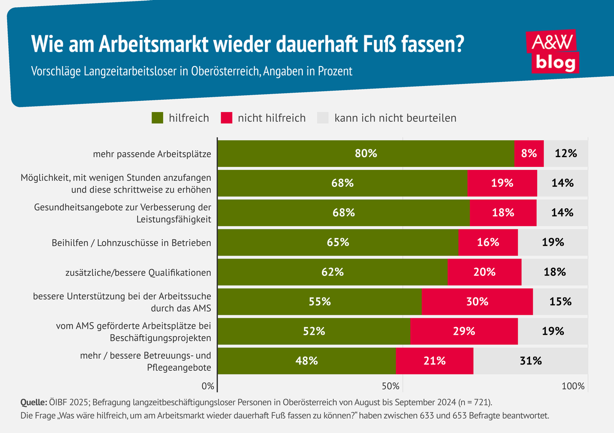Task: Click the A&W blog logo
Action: pyautogui.click(x=552, y=51)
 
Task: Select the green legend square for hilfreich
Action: pyautogui.click(x=157, y=118)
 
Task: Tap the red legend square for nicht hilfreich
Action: pyautogui.click(x=226, y=118)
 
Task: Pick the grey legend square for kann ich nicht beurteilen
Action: pyautogui.click(x=322, y=118)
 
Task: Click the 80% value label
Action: pyautogui.click(x=366, y=153)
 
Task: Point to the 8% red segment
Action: pyautogui.click(x=529, y=153)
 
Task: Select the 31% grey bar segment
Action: pyautogui.click(x=531, y=361)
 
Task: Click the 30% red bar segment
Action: pyautogui.click(x=477, y=301)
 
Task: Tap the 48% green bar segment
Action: pyautogui.click(x=306, y=361)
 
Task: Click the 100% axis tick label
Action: pyautogui.click(x=573, y=386)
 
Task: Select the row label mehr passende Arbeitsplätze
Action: pyautogui.click(x=152, y=154)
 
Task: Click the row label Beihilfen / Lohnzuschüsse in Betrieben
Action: pyautogui.click(x=131, y=243)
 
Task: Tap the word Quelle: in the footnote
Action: pyautogui.click(x=33, y=401)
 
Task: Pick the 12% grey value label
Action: pyautogui.click(x=566, y=153)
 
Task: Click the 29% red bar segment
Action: pyautogui.click(x=464, y=331)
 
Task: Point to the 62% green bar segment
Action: pyautogui.click(x=332, y=272)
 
